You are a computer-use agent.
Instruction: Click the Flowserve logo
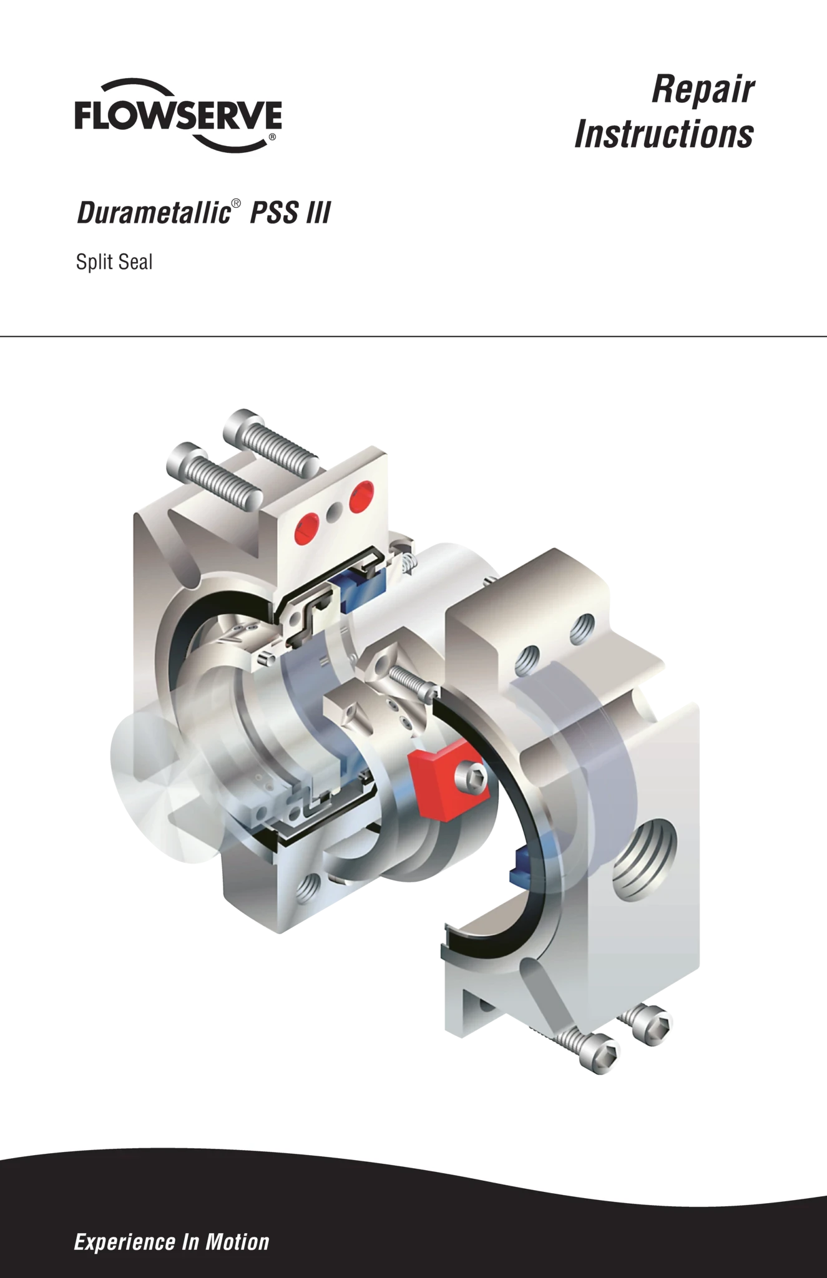(178, 116)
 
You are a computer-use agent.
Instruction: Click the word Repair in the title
(703, 90)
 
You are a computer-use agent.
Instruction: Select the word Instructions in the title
(664, 134)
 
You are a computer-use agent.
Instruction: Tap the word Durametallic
(154, 213)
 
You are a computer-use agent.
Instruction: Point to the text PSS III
(290, 213)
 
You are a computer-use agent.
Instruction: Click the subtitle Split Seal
(114, 262)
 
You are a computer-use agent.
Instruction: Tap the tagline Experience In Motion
(172, 1242)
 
